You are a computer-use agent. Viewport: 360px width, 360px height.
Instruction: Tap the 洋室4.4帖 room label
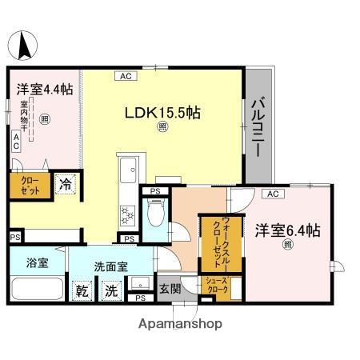coord(41,90)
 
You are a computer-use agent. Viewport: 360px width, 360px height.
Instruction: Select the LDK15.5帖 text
coord(162,113)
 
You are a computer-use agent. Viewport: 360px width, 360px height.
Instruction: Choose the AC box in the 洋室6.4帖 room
coord(271,194)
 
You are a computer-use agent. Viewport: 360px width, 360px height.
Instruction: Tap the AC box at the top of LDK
coord(126,77)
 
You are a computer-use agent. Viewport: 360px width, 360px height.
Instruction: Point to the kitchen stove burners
coord(127,214)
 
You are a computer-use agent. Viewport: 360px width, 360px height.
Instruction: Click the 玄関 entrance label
coord(169,289)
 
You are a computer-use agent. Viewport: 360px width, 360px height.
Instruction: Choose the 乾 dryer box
coord(82,290)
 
